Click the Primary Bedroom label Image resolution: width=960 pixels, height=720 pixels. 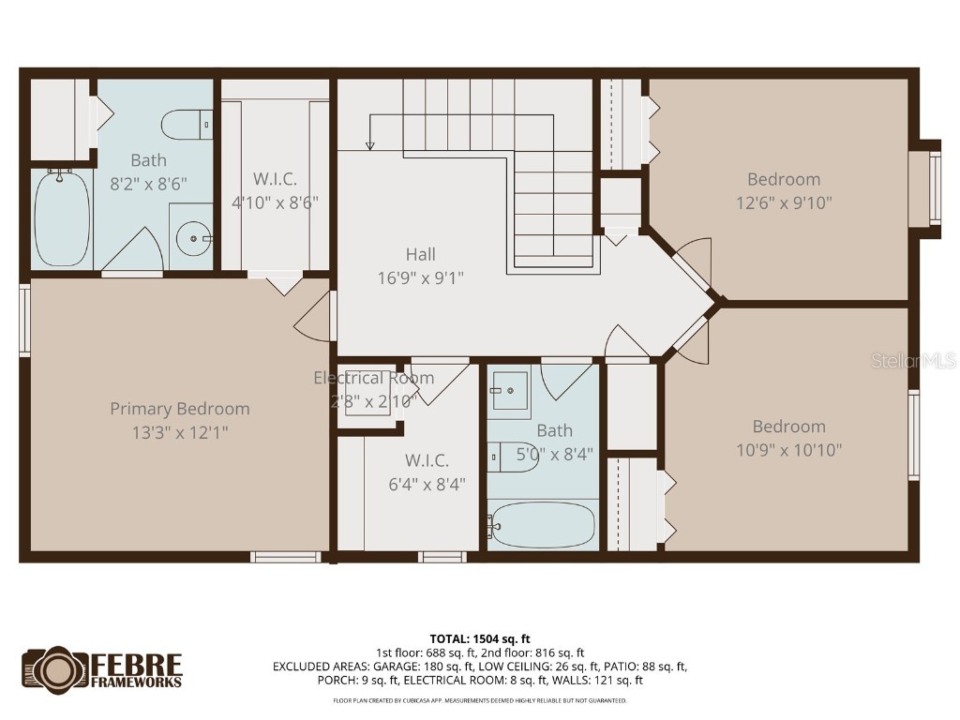[x=180, y=409]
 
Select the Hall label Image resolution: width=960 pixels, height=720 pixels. [x=421, y=254]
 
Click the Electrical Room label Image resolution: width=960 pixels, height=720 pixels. [x=373, y=378]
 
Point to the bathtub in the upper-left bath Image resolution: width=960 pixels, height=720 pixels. [x=62, y=217]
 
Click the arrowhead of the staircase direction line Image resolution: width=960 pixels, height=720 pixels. [x=369, y=145]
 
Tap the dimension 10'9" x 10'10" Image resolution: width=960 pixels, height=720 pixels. [x=789, y=449]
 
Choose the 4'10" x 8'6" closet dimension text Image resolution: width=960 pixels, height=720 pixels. [x=275, y=202]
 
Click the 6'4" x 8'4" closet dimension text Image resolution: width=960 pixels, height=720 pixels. [x=427, y=484]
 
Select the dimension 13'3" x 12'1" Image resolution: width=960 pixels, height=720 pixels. [x=180, y=432]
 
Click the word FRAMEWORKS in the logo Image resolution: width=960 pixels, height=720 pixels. [x=137, y=682]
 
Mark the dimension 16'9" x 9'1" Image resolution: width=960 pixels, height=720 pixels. [x=421, y=277]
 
